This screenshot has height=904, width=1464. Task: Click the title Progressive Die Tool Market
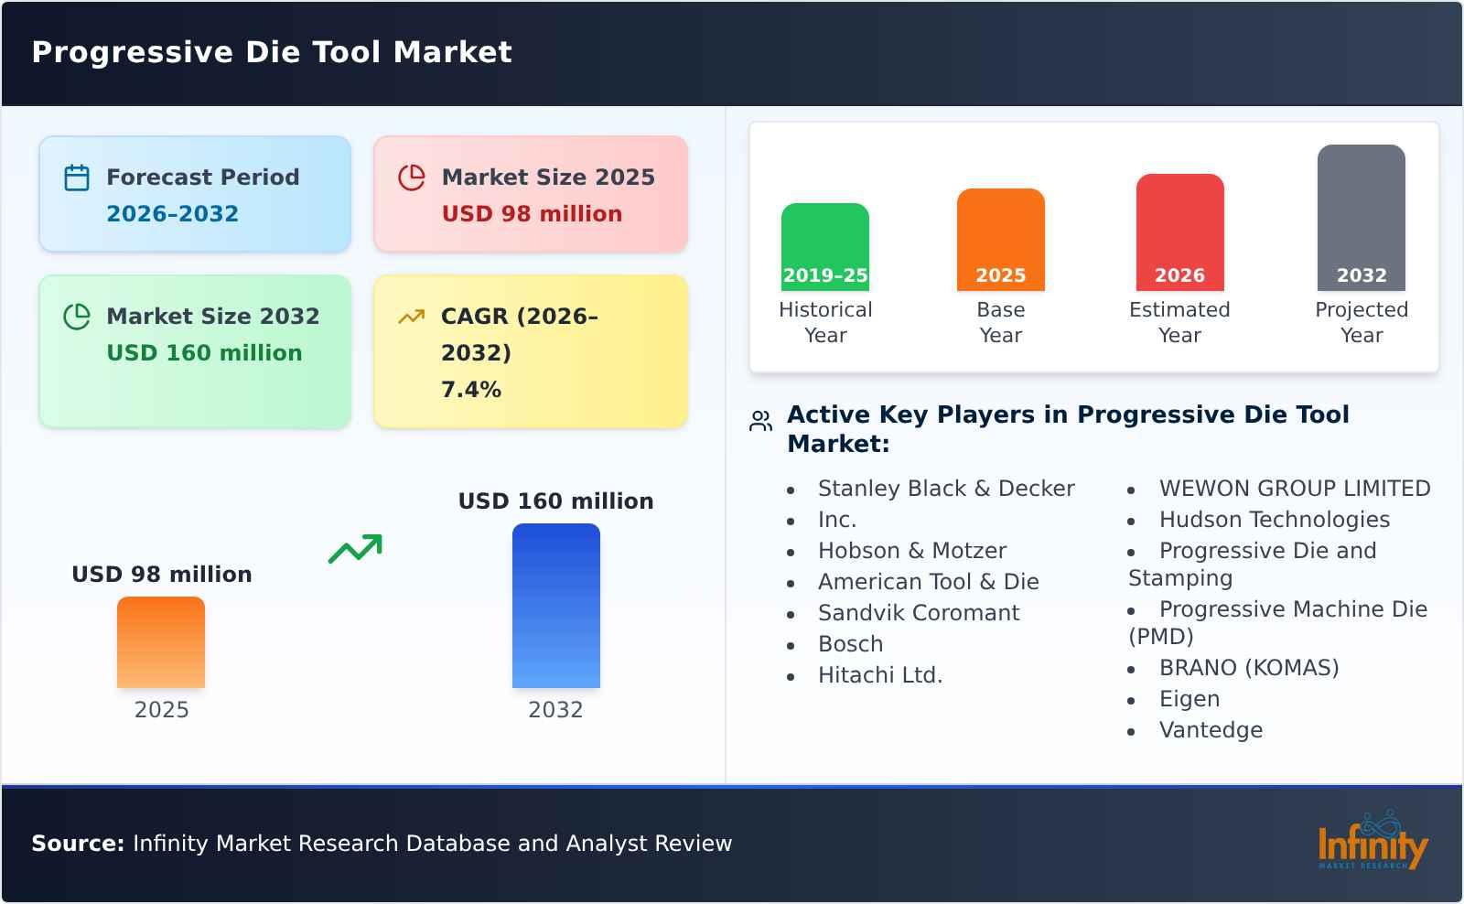(272, 52)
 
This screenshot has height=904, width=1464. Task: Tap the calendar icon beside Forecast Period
(77, 178)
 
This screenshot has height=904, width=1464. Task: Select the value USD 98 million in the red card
(532, 214)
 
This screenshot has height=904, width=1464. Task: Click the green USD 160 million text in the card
(204, 353)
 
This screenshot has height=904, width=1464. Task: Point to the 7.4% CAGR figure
(470, 390)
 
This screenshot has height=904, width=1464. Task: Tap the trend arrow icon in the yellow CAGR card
(412, 317)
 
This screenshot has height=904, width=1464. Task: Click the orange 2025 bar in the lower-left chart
(161, 642)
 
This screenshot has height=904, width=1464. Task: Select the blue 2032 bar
(555, 606)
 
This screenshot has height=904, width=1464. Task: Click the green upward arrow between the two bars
(355, 549)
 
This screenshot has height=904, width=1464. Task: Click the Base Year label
(1000, 322)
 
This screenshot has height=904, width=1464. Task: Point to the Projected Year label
(1361, 322)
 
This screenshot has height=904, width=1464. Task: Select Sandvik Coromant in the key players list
(918, 613)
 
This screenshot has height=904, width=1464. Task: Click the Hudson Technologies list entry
(1274, 520)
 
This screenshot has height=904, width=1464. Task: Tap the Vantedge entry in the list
(1211, 730)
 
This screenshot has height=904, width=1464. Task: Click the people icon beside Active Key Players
(760, 421)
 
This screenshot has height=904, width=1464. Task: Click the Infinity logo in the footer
(1372, 842)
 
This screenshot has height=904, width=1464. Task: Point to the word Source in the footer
(78, 844)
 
